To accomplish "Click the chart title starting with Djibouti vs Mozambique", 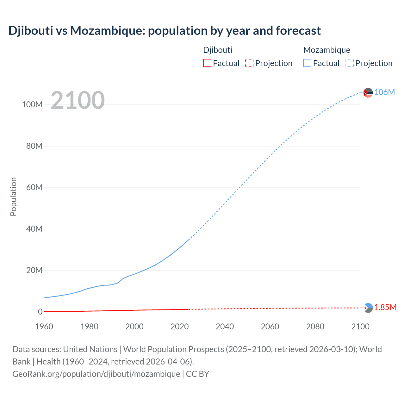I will coord(165,31).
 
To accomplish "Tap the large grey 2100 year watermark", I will coord(78,100).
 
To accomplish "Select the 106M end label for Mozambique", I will coord(384,92).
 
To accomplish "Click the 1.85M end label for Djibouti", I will coord(385,308).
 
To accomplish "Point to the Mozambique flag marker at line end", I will coord(368,93).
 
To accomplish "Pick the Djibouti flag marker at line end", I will coord(368,308).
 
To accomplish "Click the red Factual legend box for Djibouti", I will coord(207,63).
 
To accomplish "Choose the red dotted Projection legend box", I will coord(249,63).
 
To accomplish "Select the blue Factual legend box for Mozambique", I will coord(307,63).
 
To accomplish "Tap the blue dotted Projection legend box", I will coord(350,63).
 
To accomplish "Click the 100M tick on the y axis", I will coord(32,105).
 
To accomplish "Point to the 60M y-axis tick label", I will coord(34,188).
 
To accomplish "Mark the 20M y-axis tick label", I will coord(34,271).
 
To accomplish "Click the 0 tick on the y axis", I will coord(40,312).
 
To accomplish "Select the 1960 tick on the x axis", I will coord(44,327).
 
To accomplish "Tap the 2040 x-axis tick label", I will coord(225,327).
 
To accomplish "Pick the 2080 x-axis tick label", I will coord(315,327).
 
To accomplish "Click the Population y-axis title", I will coord(13,196).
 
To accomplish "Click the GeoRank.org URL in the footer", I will coord(96,374).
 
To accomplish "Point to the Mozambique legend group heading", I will coord(327,50).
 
